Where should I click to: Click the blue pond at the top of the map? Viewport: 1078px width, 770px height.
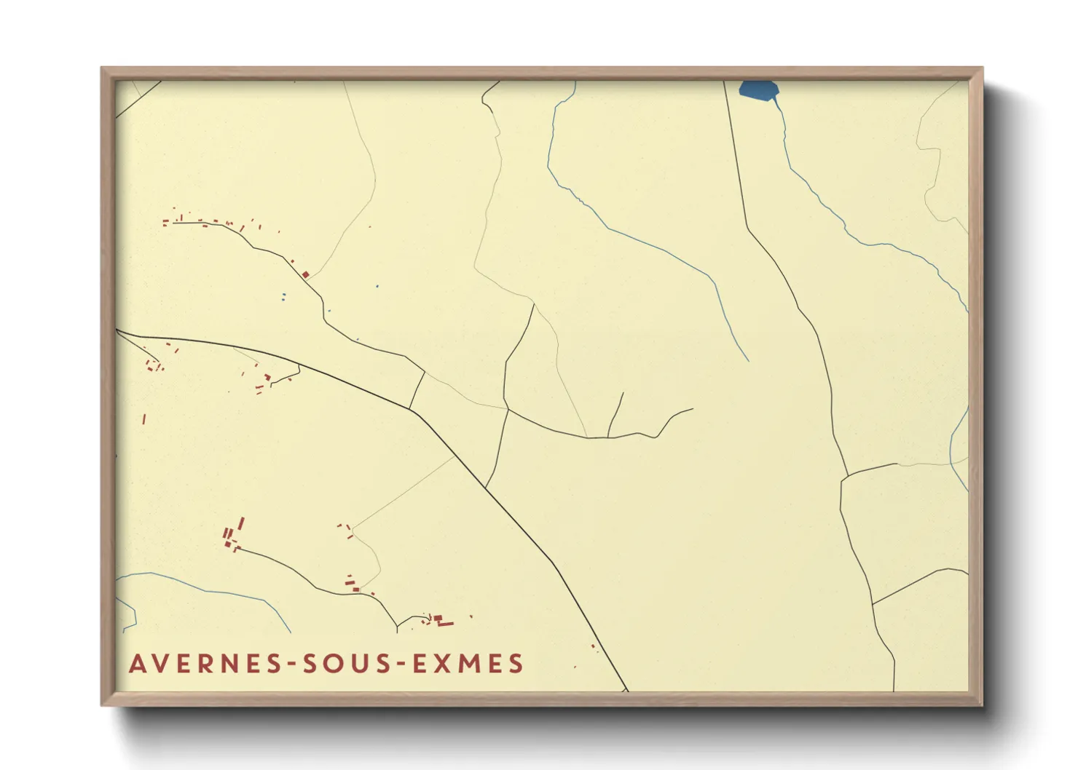click(758, 90)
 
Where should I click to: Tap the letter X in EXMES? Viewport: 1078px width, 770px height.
click(445, 664)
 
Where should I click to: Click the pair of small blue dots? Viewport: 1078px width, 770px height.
click(283, 296)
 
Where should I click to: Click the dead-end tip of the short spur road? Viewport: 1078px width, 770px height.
click(623, 393)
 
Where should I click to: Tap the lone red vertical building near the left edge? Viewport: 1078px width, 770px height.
click(144, 419)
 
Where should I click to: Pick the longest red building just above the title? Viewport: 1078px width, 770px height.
click(444, 624)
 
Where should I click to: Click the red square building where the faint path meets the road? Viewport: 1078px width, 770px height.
click(306, 274)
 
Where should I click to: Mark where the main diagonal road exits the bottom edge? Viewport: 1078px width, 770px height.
click(626, 690)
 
